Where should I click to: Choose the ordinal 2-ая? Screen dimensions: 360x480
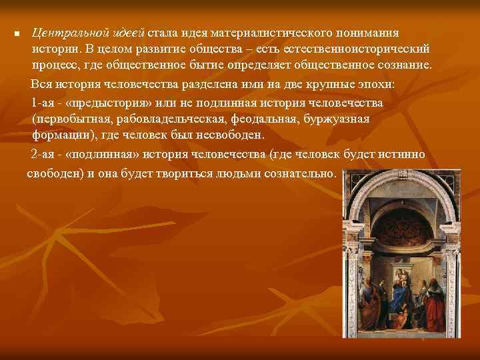tap(44, 155)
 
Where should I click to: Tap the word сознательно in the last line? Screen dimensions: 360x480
tap(304, 172)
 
